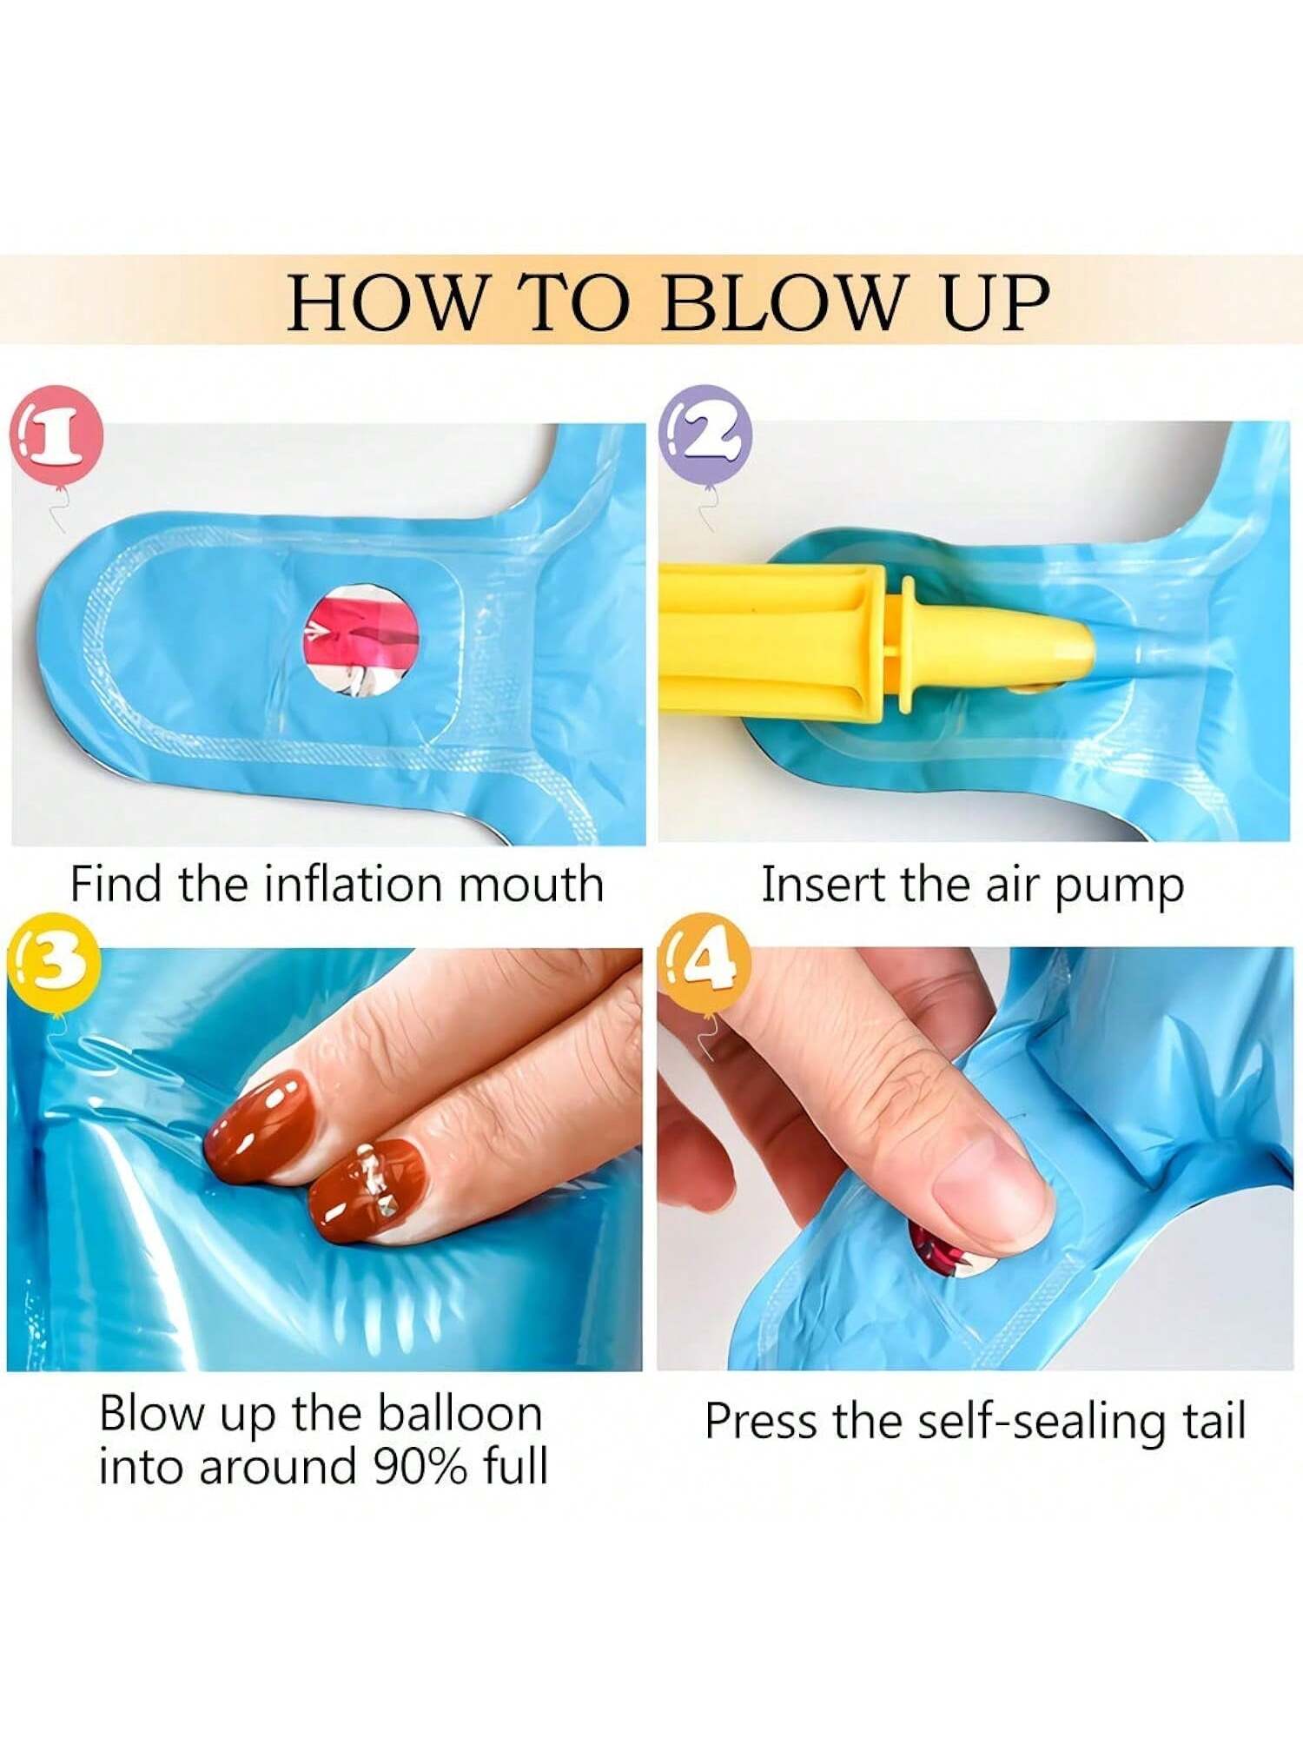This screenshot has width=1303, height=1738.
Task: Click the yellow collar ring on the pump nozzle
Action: coord(905,645)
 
